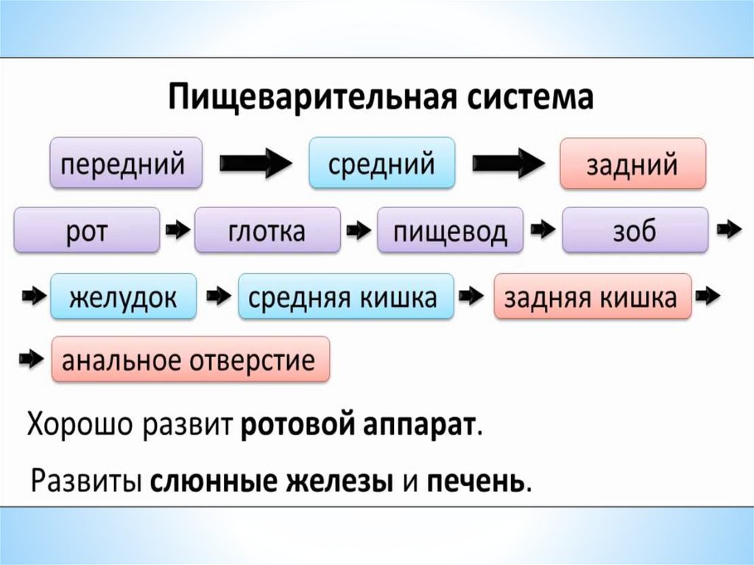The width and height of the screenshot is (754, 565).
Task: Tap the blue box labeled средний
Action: point(381,162)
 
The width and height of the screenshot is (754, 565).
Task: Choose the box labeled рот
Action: point(87,231)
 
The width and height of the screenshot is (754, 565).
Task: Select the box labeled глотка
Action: point(267,231)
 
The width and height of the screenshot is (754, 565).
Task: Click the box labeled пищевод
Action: point(450,231)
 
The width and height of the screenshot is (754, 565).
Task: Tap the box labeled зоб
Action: point(635,231)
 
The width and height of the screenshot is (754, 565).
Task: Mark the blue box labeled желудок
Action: point(124,297)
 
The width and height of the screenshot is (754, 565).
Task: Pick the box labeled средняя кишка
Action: point(346,297)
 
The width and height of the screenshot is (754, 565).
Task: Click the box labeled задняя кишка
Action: point(593,297)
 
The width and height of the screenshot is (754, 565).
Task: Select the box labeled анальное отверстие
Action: point(190,360)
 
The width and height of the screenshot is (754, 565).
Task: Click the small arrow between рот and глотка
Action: point(177,231)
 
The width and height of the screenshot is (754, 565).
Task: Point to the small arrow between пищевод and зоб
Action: point(543,231)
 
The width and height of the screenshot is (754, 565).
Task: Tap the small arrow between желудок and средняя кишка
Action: point(218,297)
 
